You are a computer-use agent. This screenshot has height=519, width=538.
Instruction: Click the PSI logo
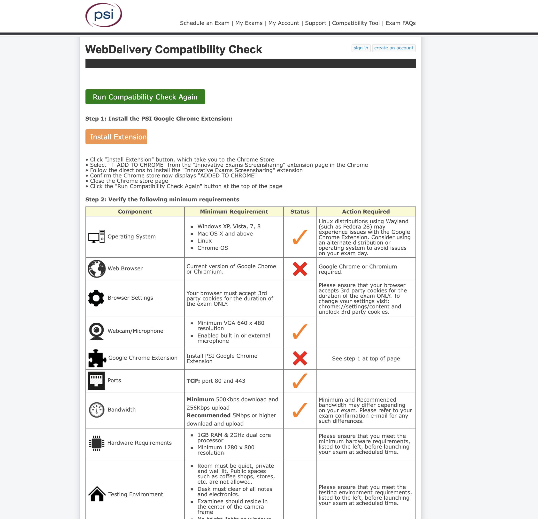(104, 15)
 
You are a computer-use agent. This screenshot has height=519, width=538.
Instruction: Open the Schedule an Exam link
(205, 23)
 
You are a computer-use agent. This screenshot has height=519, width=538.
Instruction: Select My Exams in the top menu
(249, 23)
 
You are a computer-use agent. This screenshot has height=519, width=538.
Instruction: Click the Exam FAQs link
(400, 23)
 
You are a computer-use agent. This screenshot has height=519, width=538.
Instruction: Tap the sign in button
(361, 48)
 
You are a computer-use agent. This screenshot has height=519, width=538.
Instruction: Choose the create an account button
(393, 48)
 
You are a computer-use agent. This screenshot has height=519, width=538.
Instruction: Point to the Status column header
(300, 212)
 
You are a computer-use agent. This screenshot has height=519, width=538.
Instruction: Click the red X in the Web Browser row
(300, 269)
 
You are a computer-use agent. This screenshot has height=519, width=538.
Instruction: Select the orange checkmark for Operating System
(300, 237)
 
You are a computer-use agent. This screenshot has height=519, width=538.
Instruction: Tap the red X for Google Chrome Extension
(300, 359)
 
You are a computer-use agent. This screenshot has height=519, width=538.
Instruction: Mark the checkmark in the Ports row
(300, 381)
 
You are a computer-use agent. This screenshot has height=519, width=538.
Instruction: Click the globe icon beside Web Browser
(97, 269)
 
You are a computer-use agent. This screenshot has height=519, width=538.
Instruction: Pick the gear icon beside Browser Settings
(96, 298)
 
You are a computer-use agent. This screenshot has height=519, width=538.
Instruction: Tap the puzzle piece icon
(97, 358)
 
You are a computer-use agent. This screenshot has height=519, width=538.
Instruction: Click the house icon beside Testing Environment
(97, 494)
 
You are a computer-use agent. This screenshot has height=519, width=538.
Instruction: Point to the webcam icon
(97, 331)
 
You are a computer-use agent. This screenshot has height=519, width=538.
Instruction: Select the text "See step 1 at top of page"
(366, 359)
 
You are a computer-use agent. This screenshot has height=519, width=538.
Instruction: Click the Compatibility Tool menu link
(355, 23)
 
